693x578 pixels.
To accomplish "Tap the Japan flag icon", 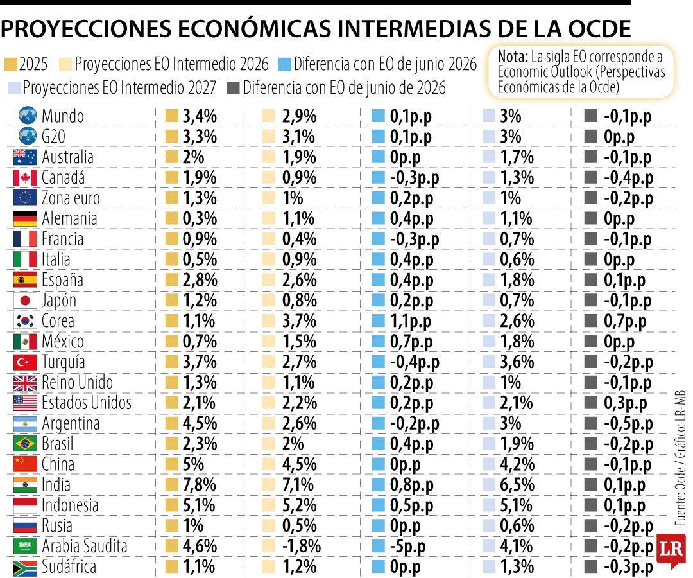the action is [25, 301].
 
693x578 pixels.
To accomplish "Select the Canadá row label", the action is [63, 178].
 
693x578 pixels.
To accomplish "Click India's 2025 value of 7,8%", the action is [200, 485].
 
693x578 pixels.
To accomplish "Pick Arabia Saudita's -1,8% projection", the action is [301, 546].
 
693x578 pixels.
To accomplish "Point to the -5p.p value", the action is [407, 547].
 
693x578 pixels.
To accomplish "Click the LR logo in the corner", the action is [671, 549].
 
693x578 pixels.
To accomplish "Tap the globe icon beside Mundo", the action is [28, 116].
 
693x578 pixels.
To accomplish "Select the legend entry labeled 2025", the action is [26, 64].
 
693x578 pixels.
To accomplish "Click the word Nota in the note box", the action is [513, 57].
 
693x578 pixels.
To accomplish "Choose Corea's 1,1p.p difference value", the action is [410, 322].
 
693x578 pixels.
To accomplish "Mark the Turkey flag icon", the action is [25, 362].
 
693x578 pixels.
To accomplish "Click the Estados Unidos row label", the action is [86, 403].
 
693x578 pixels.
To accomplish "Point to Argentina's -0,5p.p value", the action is [628, 424].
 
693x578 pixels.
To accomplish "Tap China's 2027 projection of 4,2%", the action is [517, 464].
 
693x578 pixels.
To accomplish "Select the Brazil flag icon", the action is [25, 444].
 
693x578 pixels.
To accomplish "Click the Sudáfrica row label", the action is [69, 566].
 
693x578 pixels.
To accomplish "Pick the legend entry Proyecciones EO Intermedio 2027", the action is [112, 88].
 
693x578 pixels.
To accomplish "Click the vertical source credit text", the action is [680, 458].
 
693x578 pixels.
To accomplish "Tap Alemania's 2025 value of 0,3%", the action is [200, 218].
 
